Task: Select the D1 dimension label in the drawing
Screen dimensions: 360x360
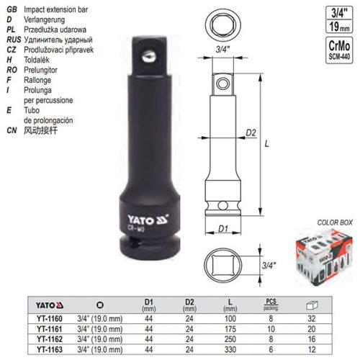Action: point(222,229)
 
